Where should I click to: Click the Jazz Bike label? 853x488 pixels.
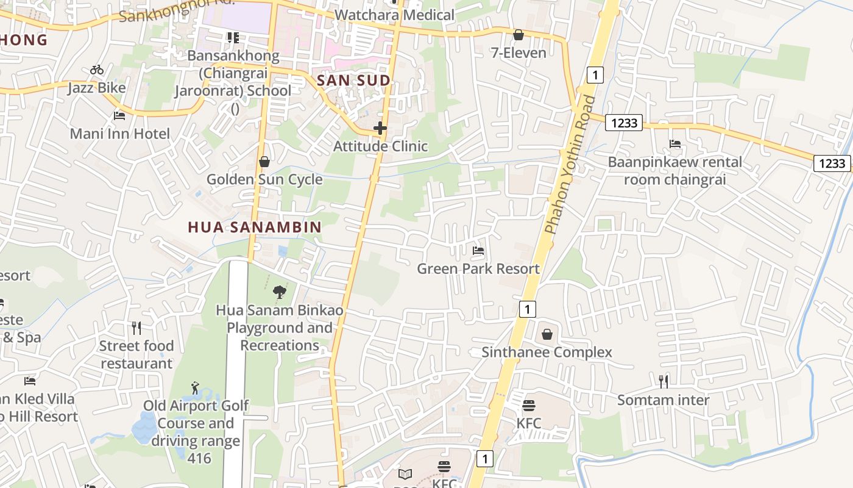97,88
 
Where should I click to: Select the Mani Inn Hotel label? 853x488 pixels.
120,134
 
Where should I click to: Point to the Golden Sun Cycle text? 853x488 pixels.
264,179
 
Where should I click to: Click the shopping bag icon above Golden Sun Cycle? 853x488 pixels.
264,162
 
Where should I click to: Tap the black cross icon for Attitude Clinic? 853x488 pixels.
380,128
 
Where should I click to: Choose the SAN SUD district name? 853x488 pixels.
353,81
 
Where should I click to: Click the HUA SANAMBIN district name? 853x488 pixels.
255,228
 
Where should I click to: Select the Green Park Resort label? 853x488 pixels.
478,268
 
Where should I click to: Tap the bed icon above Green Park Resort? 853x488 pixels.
478,251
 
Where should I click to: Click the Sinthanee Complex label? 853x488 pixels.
547,352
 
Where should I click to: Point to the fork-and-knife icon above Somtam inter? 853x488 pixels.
664,382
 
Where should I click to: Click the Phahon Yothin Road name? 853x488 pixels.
570,165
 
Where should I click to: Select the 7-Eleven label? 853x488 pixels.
519,53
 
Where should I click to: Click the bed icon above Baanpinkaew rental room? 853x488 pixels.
674,144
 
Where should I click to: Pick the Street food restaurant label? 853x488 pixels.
136,354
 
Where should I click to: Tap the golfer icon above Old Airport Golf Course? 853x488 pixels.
195,388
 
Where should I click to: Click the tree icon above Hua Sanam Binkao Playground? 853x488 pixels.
280,293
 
